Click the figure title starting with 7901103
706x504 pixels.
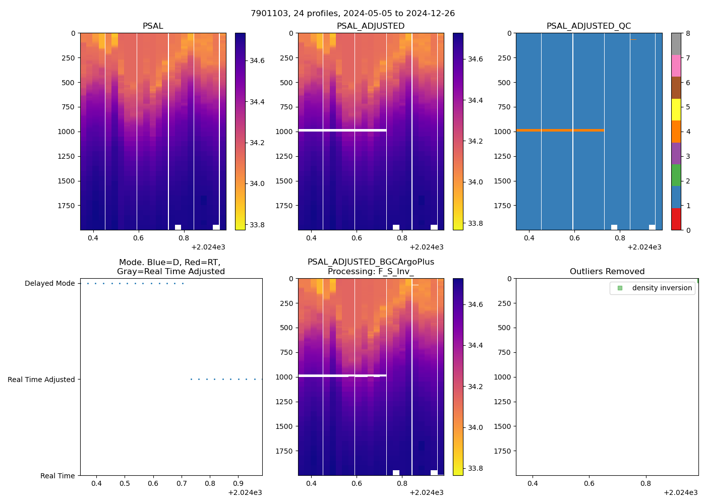352,14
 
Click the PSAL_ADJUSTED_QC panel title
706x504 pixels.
589,26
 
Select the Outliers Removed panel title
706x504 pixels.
607,272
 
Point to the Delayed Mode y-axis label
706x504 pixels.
49,284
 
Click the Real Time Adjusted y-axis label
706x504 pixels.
41,380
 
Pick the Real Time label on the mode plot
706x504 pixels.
57,476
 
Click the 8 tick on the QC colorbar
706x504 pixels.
687,34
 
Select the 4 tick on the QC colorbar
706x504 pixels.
687,132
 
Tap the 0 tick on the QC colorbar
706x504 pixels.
687,230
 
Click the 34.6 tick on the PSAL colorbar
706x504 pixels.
257,60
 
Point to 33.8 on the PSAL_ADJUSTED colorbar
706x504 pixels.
476,223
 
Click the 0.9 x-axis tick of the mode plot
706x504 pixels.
239,484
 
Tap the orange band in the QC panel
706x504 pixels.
560,131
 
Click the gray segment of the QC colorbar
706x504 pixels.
676,44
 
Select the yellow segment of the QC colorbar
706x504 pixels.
676,110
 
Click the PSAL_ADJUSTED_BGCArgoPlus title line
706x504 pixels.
371,262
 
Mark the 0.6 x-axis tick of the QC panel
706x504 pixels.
574,238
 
